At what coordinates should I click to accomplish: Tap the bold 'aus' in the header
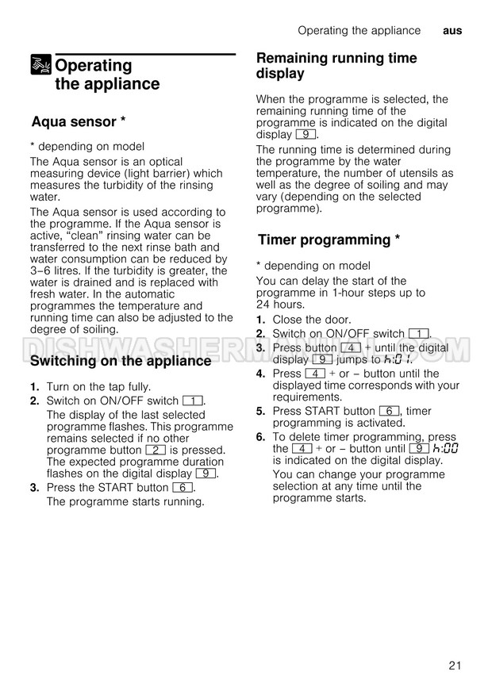coord(452,30)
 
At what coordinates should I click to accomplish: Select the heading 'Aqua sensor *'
coord(79,121)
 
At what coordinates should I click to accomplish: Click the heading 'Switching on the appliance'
coord(121,361)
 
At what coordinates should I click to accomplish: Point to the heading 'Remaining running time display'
coord(336,66)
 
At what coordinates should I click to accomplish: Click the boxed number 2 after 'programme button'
coord(156,450)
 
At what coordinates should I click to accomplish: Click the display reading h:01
coord(399,359)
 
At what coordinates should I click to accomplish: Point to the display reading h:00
coord(446,448)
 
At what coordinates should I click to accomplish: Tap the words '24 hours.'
coord(280,305)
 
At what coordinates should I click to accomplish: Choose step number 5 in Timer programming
coord(260,411)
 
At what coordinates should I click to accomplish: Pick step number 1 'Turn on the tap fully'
coord(35,386)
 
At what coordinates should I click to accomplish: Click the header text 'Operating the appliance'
coord(359,30)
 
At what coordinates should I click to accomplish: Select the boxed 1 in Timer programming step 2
coord(418,334)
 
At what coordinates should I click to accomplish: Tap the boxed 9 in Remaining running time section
coord(304,135)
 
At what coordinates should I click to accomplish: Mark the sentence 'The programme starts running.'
coord(125,501)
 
